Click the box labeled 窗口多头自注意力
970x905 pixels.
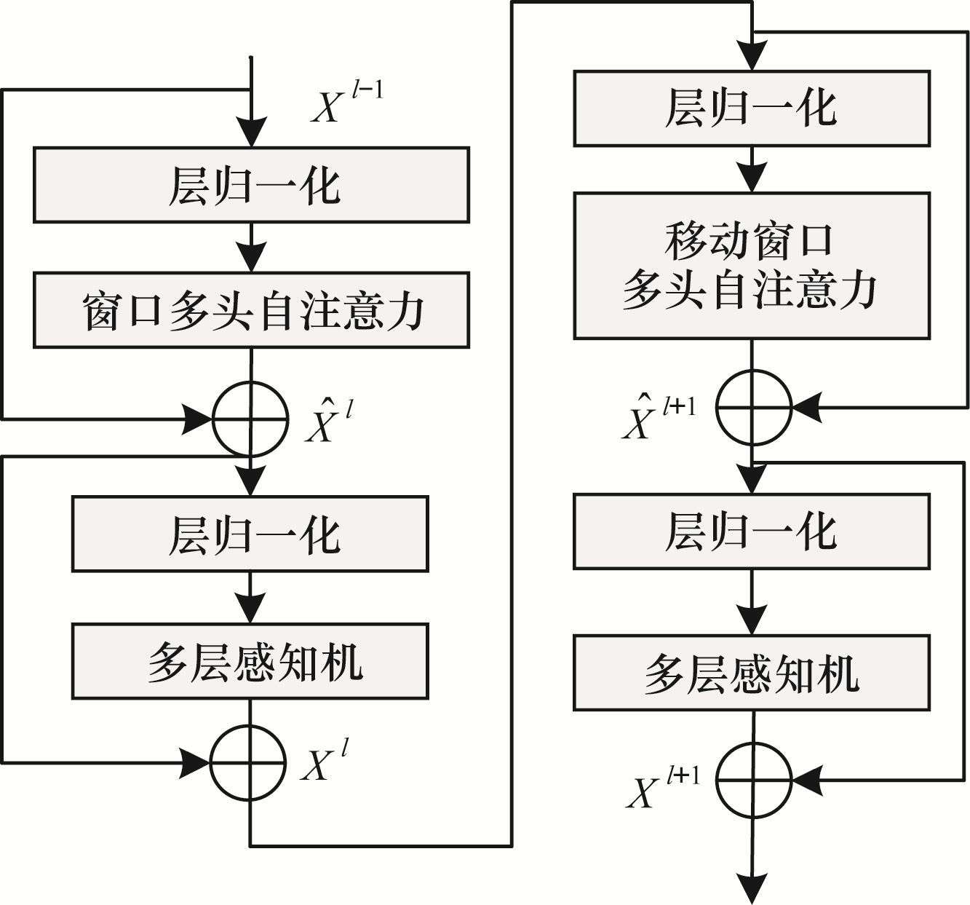point(251,310)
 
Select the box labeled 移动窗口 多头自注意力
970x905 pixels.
point(752,266)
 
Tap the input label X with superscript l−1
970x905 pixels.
point(347,103)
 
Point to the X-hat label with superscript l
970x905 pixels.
point(329,421)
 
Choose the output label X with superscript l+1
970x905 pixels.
point(663,786)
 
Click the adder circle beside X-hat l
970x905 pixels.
point(250,419)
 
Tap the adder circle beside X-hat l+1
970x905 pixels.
point(753,407)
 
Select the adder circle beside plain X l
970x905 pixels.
point(247,762)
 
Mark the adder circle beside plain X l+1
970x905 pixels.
point(753,780)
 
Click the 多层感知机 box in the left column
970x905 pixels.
point(250,661)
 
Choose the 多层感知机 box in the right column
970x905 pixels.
point(752,673)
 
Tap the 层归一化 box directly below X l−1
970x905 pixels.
point(251,185)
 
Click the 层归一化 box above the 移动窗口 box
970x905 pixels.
point(752,108)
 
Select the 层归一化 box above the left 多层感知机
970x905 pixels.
point(250,534)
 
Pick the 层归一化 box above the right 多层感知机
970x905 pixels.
point(752,531)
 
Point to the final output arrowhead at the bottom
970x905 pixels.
point(752,889)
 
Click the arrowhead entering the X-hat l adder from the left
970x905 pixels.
point(196,419)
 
